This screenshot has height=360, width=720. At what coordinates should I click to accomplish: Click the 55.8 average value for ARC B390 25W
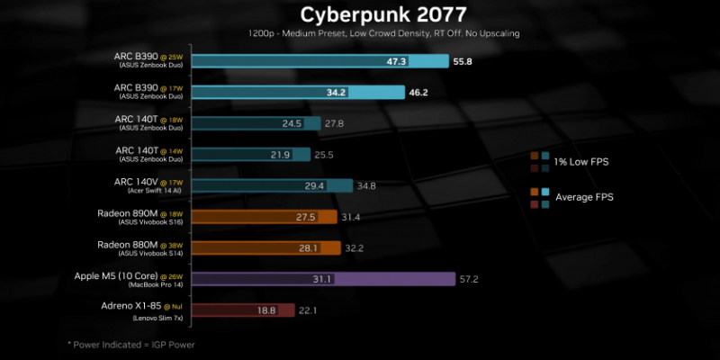(x=463, y=62)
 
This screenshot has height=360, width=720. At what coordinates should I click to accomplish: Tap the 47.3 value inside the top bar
(x=421, y=62)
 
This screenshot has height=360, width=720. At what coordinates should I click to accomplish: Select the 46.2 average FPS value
(x=418, y=93)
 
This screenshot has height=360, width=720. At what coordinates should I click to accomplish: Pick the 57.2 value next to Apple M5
(x=468, y=279)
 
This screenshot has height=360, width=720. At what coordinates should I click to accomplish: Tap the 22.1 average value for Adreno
(x=310, y=310)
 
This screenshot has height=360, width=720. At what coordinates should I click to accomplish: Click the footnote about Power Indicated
(x=131, y=345)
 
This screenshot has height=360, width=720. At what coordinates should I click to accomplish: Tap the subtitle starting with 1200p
(x=383, y=33)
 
